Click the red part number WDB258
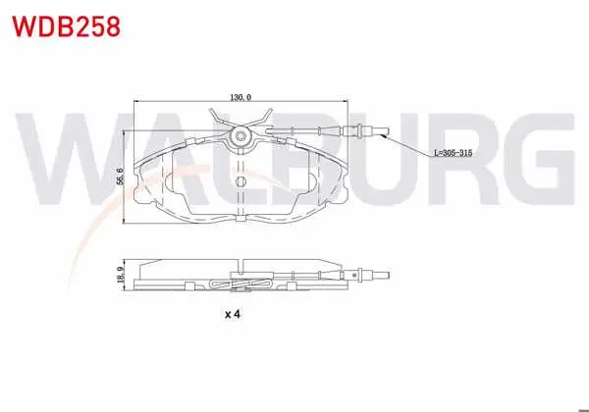tap(67, 26)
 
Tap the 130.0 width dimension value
tap(241, 97)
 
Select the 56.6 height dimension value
tap(120, 176)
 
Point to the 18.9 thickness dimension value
tap(120, 275)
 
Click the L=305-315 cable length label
tap(453, 153)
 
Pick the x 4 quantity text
tap(232, 314)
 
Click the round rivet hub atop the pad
tap(241, 136)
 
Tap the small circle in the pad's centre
tap(241, 182)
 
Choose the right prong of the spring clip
tap(263, 117)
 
